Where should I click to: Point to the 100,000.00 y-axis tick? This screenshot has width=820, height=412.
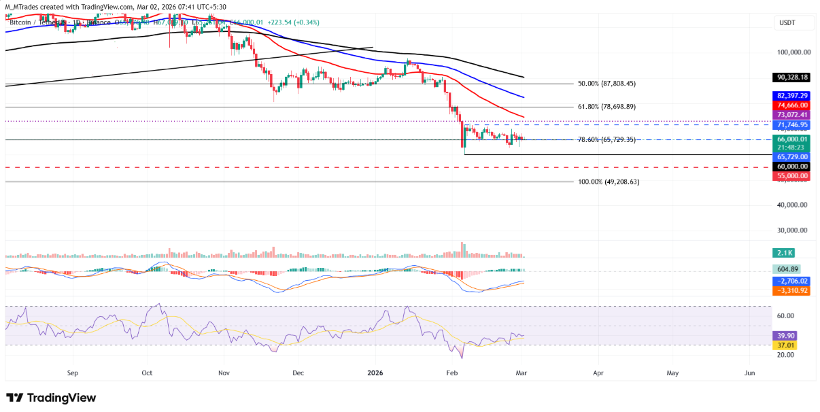793,52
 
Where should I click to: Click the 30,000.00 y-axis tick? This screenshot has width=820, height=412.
793,230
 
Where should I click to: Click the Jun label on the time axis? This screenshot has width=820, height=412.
750,373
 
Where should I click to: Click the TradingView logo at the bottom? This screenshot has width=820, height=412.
51,398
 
